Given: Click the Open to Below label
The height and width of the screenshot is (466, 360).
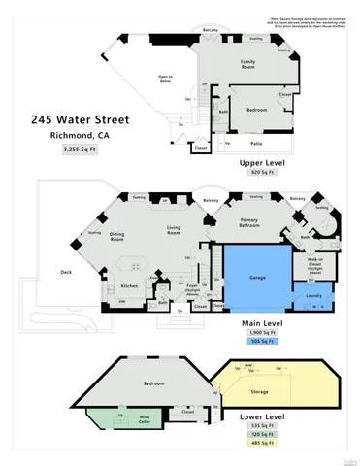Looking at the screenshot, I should pyautogui.click(x=165, y=78).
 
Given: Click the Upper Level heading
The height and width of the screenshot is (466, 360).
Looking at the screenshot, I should pyautogui.click(x=258, y=162).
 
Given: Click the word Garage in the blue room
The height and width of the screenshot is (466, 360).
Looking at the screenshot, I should pyautogui.click(x=257, y=277).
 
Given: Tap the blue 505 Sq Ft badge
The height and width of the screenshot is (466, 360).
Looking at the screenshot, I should pyautogui.click(x=258, y=342).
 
